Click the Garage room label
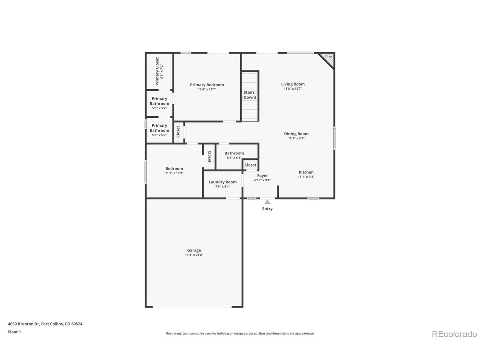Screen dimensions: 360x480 pos(194,250)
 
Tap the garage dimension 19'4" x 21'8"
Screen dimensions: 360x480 pos(194,255)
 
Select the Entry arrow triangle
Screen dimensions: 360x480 pos(267,202)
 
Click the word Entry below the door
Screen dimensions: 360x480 pos(267,209)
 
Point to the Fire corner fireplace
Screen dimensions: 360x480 pos(328,58)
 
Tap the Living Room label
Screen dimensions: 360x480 pos(293,84)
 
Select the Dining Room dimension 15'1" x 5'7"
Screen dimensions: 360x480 pos(296,138)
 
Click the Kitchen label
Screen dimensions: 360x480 pos(306,172)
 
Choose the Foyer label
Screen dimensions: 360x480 pos(262,175)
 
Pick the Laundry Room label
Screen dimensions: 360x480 pos(223,182)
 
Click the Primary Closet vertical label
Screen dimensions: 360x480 pos(157,71)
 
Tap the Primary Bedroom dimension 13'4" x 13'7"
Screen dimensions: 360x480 pos(207,90)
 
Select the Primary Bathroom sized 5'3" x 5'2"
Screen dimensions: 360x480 pos(159,103)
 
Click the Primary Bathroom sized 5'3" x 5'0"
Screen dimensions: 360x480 pos(159,130)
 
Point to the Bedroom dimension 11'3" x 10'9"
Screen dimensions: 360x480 pos(174,173)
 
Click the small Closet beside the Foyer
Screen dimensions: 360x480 pos(250,165)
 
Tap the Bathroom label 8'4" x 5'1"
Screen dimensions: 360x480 pos(234,153)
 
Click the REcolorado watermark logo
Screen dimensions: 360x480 pos(454,334)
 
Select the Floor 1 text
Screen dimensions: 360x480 pos(15,332)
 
